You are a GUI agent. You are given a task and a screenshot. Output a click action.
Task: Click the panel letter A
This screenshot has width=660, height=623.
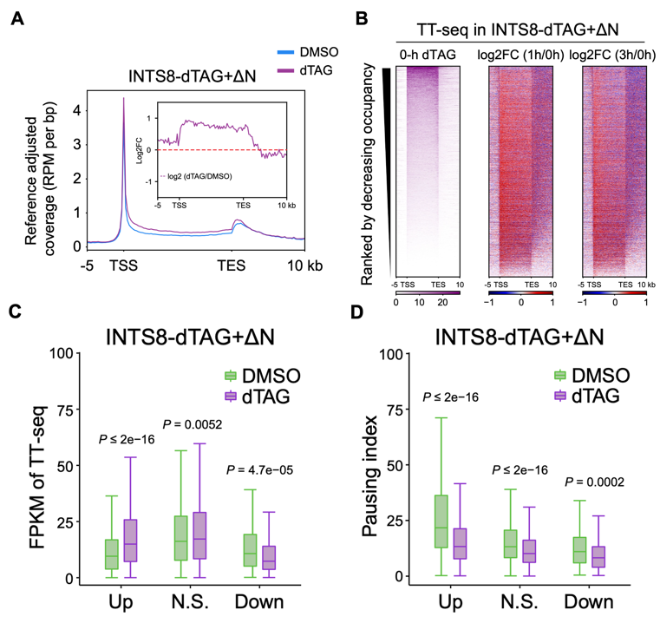16,19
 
